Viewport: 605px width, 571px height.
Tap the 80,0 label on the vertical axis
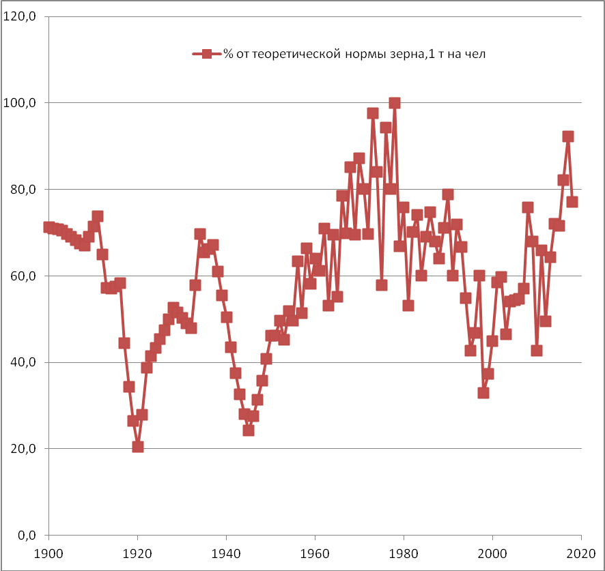(23, 190)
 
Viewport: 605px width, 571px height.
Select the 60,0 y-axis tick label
(23, 276)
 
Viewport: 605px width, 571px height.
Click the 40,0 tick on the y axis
(23, 362)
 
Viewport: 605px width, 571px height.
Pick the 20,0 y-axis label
(23, 449)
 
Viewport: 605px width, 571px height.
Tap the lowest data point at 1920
(138, 447)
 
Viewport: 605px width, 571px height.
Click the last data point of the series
(572, 202)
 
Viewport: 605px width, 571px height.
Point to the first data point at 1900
(48, 227)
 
